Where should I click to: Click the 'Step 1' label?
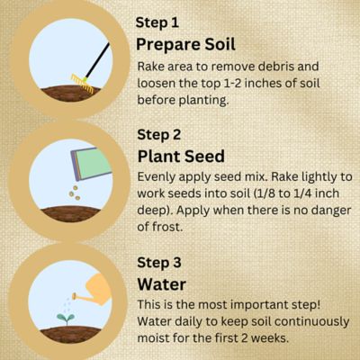(x=157, y=22)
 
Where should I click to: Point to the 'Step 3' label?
(x=158, y=263)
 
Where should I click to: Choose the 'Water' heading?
(x=161, y=284)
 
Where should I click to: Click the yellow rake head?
(x=80, y=82)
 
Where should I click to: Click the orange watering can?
(x=95, y=292)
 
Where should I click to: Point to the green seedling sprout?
(x=65, y=319)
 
